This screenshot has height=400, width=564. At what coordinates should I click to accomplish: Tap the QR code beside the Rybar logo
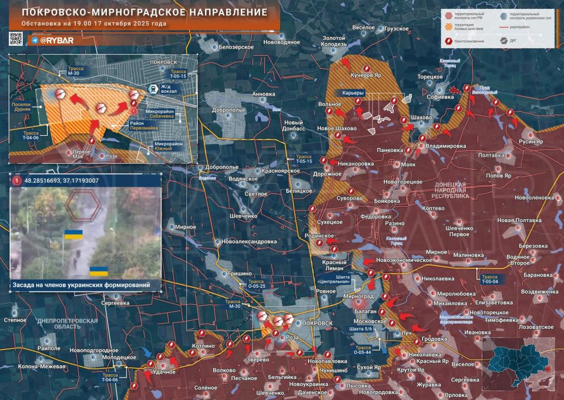tap(16, 39)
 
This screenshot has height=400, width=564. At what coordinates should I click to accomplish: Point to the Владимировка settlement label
tap(445, 146)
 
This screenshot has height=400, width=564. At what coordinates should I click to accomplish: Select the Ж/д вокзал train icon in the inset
tap(152, 89)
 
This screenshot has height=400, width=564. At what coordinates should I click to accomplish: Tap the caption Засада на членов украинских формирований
tap(80, 285)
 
